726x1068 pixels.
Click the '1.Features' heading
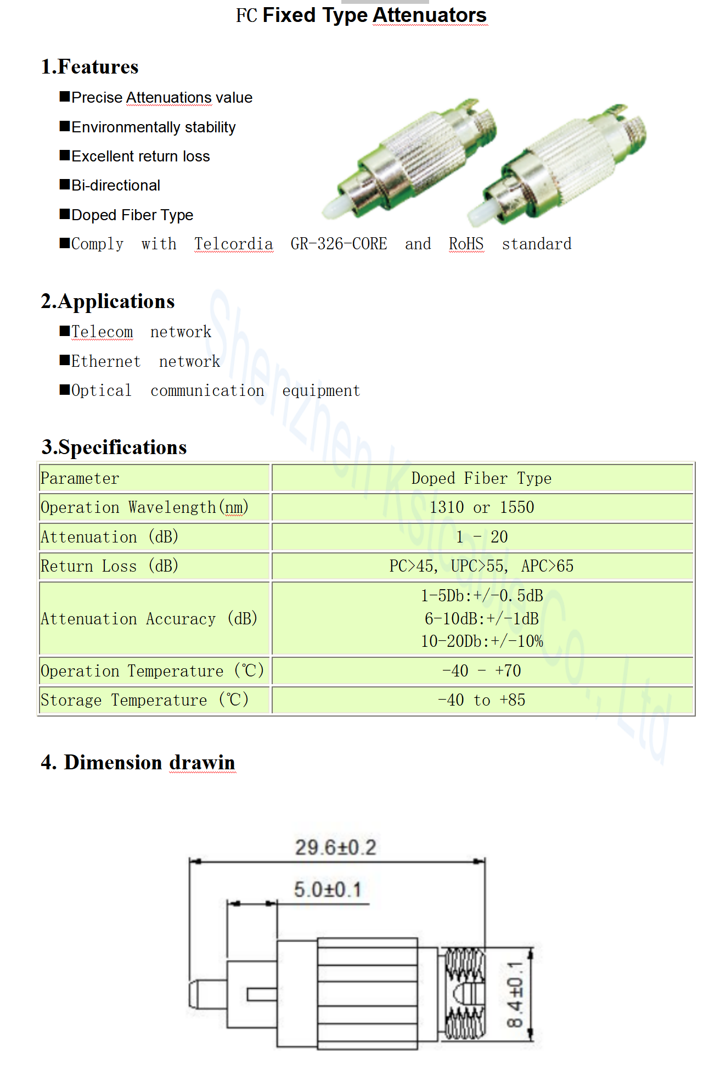(x=90, y=67)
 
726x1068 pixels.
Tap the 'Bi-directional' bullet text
(x=116, y=186)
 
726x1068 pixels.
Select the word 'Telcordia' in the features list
(x=233, y=244)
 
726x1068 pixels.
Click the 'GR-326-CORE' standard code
(x=339, y=244)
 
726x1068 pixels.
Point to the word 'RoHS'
(x=466, y=244)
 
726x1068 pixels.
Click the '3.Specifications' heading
(x=114, y=447)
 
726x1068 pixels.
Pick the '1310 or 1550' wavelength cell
(x=482, y=507)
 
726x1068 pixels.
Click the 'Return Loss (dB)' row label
(x=110, y=566)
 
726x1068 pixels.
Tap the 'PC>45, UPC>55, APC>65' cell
(x=482, y=566)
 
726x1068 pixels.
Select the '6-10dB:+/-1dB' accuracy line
(x=482, y=619)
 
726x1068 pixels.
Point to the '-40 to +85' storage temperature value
(x=482, y=700)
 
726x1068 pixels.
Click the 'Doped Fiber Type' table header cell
(x=482, y=478)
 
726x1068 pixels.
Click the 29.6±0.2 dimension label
(x=336, y=847)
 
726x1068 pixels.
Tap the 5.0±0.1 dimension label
(x=328, y=889)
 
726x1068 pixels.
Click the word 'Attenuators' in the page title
(x=430, y=15)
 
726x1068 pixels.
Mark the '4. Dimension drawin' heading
(x=138, y=762)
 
